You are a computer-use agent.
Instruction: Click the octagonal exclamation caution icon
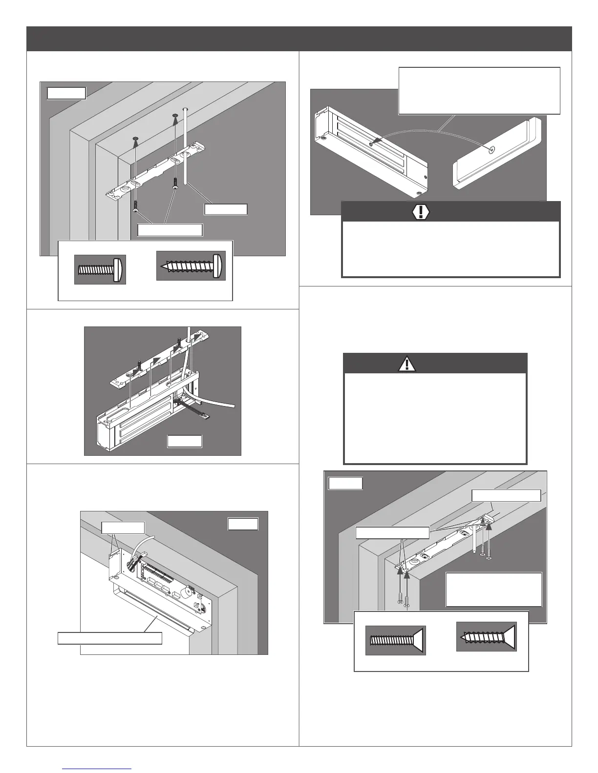[x=421, y=211]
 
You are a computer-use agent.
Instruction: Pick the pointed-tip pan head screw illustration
[x=191, y=266]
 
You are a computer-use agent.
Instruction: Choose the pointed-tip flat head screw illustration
[x=487, y=636]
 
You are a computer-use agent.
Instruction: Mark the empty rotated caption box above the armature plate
[x=479, y=91]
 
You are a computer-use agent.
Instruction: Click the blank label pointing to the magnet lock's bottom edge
[x=110, y=638]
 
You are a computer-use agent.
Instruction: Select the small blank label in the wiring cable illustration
[x=184, y=441]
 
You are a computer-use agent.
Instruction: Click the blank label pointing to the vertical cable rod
[x=226, y=209]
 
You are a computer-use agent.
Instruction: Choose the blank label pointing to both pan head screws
[x=170, y=230]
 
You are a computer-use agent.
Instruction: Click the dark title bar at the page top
[x=299, y=39]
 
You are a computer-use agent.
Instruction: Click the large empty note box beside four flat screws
[x=494, y=590]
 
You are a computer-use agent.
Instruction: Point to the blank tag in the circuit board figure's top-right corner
[x=243, y=524]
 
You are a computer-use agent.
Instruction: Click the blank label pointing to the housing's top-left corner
[x=123, y=528]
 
